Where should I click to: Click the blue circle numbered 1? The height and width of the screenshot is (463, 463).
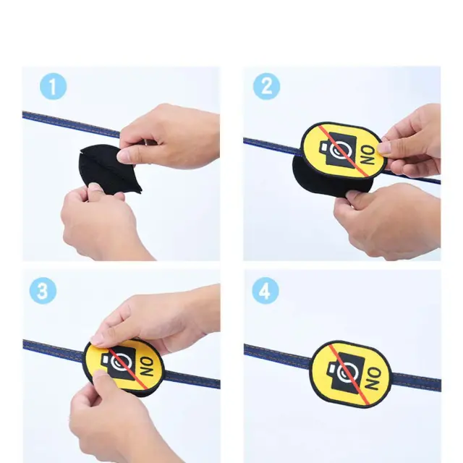[x=53, y=87]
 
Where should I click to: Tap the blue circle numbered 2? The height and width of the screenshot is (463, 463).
[x=266, y=87]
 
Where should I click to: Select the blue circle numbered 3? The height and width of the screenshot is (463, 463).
[x=43, y=291]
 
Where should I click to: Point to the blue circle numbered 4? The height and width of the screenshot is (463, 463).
[x=266, y=291]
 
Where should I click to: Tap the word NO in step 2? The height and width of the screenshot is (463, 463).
[x=368, y=156]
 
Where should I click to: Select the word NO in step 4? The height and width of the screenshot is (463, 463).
[x=373, y=378]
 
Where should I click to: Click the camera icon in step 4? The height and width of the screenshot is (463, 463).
[x=345, y=370]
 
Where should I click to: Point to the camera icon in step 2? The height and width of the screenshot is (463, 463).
[x=339, y=151]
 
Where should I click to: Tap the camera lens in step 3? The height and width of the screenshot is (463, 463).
[x=120, y=362]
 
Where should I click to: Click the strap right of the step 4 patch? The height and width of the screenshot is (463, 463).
[x=417, y=381]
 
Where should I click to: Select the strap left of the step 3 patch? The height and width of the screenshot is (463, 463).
[x=54, y=348]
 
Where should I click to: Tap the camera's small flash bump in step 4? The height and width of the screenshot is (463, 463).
[x=331, y=369]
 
